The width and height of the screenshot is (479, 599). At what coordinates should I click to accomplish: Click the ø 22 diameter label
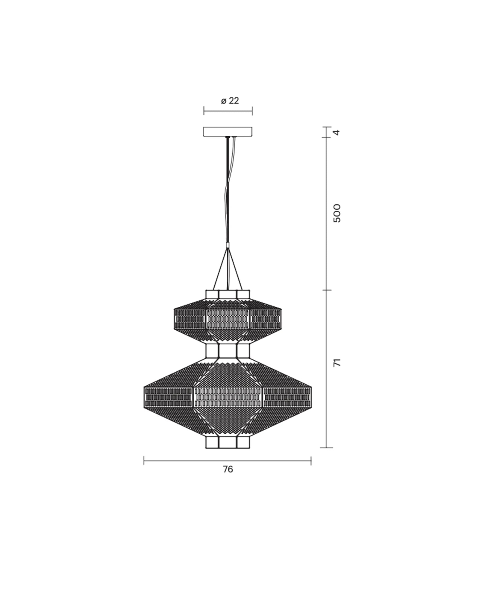pos(230,101)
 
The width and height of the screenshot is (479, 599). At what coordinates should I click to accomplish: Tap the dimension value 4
pos(337,132)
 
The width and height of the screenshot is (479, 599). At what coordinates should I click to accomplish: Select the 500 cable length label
pos(337,213)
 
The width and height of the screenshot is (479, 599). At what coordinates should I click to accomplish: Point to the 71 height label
pos(337,362)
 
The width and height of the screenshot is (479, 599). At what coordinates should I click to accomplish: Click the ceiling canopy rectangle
pos(228,131)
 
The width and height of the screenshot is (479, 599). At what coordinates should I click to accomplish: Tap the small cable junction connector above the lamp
pos(228,245)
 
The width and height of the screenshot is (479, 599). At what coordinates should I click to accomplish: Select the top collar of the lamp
pos(228,294)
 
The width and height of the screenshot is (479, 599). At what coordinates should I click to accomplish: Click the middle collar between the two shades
pos(228,350)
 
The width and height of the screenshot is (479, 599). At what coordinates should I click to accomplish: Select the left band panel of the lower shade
pos(168,397)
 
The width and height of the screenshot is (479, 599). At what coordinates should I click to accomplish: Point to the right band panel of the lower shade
pos(287,397)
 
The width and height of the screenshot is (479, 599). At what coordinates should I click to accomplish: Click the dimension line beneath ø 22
pos(228,111)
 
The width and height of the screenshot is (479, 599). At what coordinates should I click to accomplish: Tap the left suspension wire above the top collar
pos(220,270)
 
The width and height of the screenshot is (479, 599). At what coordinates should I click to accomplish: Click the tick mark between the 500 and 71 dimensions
pos(327,290)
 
